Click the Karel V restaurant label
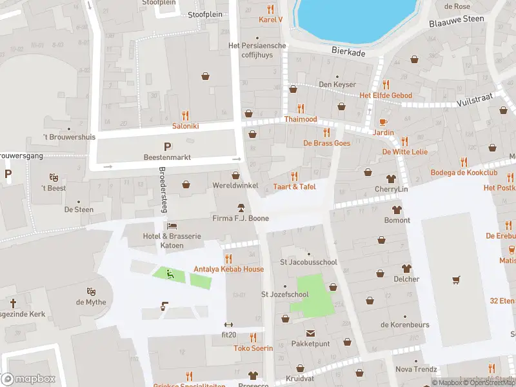pyautogui.click(x=270, y=19)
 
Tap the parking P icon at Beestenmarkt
pyautogui.click(x=168, y=146)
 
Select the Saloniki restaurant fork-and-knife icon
pyautogui.click(x=185, y=115)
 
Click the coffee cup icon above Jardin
pyautogui.click(x=383, y=121)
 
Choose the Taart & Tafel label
pyautogui.click(x=294, y=186)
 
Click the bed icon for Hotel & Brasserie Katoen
pyautogui.click(x=172, y=226)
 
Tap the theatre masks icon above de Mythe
pyautogui.click(x=90, y=292)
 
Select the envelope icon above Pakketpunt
pyautogui.click(x=310, y=333)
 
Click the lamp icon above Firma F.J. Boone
pyautogui.click(x=241, y=208)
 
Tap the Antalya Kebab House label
pyautogui.click(x=228, y=269)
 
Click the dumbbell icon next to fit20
pyautogui.click(x=227, y=324)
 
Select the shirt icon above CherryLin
pyautogui.click(x=392, y=179)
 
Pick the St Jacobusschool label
pyautogui.click(x=308, y=263)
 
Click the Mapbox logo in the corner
pyautogui.click(x=28, y=379)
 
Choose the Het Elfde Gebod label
pyautogui.click(x=386, y=95)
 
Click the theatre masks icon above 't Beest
pyautogui.click(x=54, y=177)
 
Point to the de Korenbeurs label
pyautogui.click(x=404, y=324)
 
